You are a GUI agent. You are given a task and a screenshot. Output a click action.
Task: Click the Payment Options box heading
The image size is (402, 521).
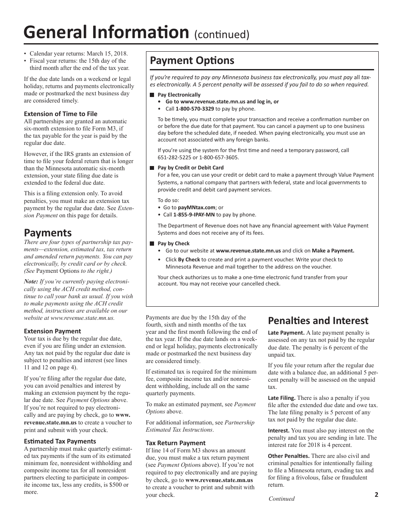pyautogui.click(x=192, y=61)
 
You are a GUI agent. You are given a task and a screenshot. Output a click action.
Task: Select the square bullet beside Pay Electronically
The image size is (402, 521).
pyautogui.click(x=152, y=95)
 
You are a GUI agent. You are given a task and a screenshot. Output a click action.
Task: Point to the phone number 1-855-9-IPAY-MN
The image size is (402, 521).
pyautogui.click(x=195, y=215)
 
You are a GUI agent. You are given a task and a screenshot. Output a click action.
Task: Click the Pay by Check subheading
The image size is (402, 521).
pyautogui.click(x=173, y=244)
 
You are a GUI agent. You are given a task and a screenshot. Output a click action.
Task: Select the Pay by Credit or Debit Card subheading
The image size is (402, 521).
pyautogui.click(x=190, y=168)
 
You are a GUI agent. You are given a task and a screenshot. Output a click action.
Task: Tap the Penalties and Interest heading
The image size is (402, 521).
pyautogui.click(x=318, y=321)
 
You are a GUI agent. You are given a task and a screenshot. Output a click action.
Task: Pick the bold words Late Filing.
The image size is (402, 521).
pyautogui.click(x=281, y=398)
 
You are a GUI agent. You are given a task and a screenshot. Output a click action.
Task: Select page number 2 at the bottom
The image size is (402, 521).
pyautogui.click(x=376, y=494)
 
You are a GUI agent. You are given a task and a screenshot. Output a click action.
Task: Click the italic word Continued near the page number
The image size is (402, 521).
pyautogui.click(x=281, y=499)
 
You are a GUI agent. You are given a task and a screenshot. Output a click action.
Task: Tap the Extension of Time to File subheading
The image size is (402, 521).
pyautogui.click(x=61, y=114)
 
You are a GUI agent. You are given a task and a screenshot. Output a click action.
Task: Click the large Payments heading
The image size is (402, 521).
pyautogui.click(x=48, y=233)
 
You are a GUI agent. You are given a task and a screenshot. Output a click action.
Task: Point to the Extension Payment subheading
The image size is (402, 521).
pyautogui.click(x=52, y=331)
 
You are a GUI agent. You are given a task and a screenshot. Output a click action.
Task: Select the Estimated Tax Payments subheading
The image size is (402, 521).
pyautogui.click(x=60, y=441)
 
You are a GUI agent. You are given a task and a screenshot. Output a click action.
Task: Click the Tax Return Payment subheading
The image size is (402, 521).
pyautogui.click(x=176, y=443)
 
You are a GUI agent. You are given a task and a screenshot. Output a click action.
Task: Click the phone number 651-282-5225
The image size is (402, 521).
pyautogui.click(x=173, y=158)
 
